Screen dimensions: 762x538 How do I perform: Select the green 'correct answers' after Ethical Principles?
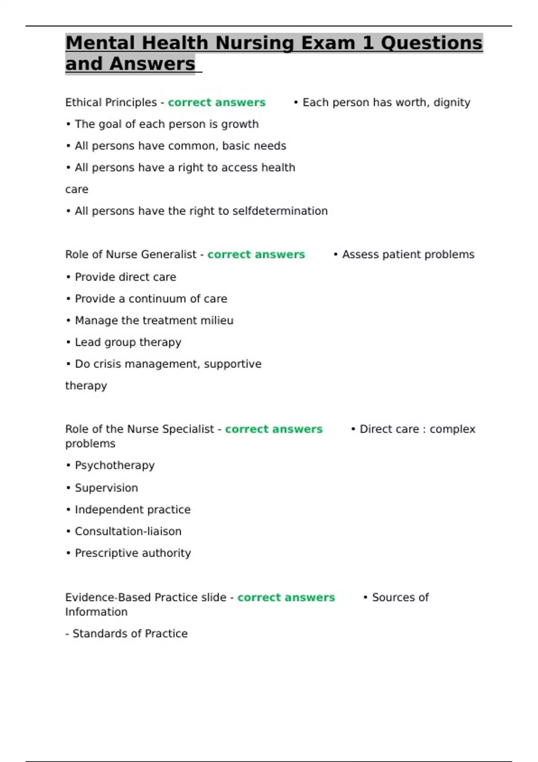click(x=217, y=103)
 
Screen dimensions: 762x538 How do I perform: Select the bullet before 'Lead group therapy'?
click(x=69, y=342)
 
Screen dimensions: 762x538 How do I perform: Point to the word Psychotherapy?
click(x=114, y=466)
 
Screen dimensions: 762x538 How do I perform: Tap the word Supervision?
click(x=106, y=488)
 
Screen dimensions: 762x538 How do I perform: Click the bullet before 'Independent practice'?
click(x=69, y=510)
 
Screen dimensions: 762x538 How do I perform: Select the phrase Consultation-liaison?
click(x=128, y=532)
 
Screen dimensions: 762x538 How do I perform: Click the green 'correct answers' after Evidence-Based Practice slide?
click(x=286, y=597)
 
